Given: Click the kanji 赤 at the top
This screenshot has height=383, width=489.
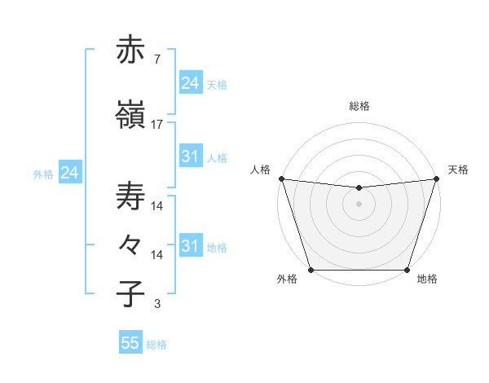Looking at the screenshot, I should point(131,51).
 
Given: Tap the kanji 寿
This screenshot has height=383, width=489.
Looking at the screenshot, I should point(131,196).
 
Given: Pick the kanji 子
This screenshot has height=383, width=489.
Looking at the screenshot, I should point(131,293).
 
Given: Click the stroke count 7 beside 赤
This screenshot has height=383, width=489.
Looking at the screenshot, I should point(156,60).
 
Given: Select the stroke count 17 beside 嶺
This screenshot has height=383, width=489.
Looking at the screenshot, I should point(157,125).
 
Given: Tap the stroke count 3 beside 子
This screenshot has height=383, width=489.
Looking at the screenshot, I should point(156,305).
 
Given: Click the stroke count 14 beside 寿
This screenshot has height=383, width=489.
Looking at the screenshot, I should point(157,207).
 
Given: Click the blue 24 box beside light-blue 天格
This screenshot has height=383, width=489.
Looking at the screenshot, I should point(190,82).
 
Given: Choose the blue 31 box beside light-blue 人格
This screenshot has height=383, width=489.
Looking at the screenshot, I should point(190,156).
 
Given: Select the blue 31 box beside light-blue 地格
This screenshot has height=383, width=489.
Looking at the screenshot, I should point(190,246).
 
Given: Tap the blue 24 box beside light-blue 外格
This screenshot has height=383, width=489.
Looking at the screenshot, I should point(69,173).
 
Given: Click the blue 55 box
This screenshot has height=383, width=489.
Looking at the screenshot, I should point(130,343).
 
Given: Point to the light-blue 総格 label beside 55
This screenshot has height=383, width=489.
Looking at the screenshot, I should point(156,345).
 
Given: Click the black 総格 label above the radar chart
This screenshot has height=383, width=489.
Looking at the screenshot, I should point(359,106).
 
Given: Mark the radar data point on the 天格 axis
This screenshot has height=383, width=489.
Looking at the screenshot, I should point(437,178).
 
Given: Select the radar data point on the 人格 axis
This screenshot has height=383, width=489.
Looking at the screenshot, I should point(281,178).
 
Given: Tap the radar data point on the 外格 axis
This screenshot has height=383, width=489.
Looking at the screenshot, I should point(311,270).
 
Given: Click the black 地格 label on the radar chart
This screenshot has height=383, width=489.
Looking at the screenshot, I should point(427,280).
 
